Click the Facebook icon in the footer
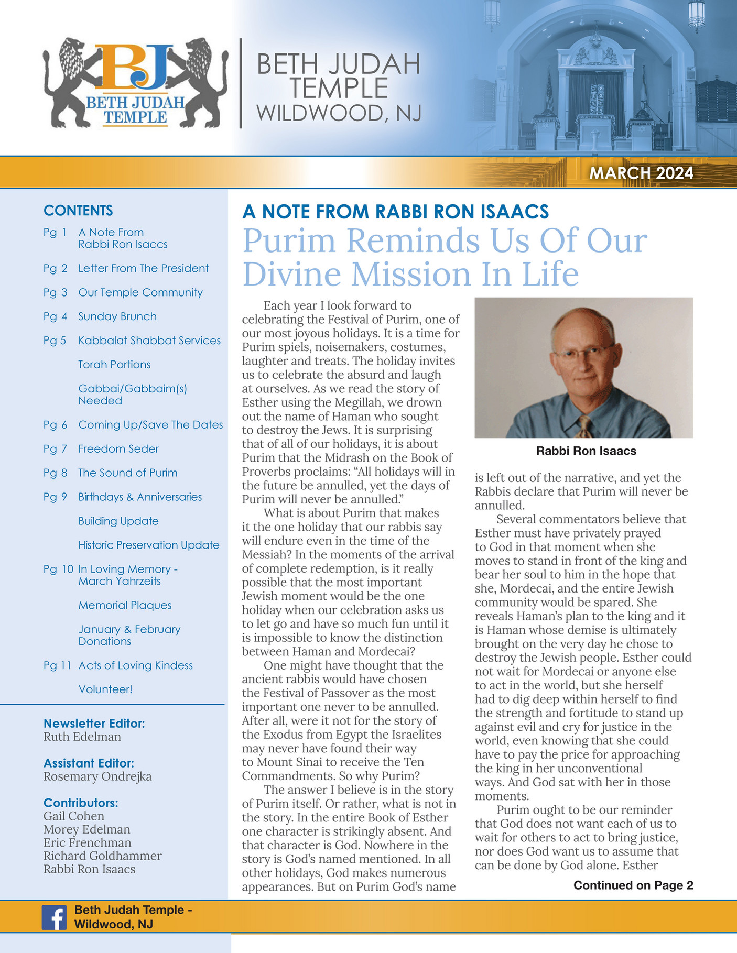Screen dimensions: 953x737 [x=54, y=917]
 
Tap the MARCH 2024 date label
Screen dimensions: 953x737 [x=641, y=173]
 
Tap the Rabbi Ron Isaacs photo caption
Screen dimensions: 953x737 [x=586, y=451]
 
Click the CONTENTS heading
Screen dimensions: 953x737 [x=78, y=211]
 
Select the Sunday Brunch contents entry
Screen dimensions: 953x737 [x=117, y=316]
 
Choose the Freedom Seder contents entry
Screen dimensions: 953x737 [x=118, y=448]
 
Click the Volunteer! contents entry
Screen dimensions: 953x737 [x=105, y=689]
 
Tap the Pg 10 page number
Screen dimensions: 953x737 [x=58, y=569]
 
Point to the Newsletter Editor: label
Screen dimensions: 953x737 [x=94, y=724]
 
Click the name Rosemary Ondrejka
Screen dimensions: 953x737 [x=97, y=776]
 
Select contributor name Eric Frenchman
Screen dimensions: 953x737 [x=88, y=842]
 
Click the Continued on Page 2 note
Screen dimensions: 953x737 [x=633, y=885]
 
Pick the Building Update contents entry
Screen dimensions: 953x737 [x=118, y=521]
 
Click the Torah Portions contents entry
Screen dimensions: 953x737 [x=114, y=365]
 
